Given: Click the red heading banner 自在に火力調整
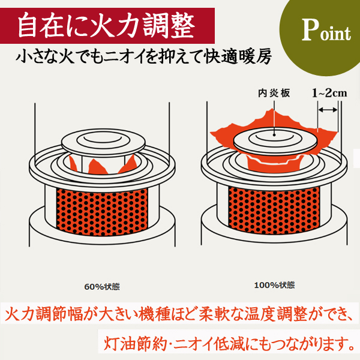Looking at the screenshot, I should tap(104, 25).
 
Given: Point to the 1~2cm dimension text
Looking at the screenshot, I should tap(329, 94).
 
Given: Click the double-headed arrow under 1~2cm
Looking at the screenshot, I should tap(328, 110).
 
